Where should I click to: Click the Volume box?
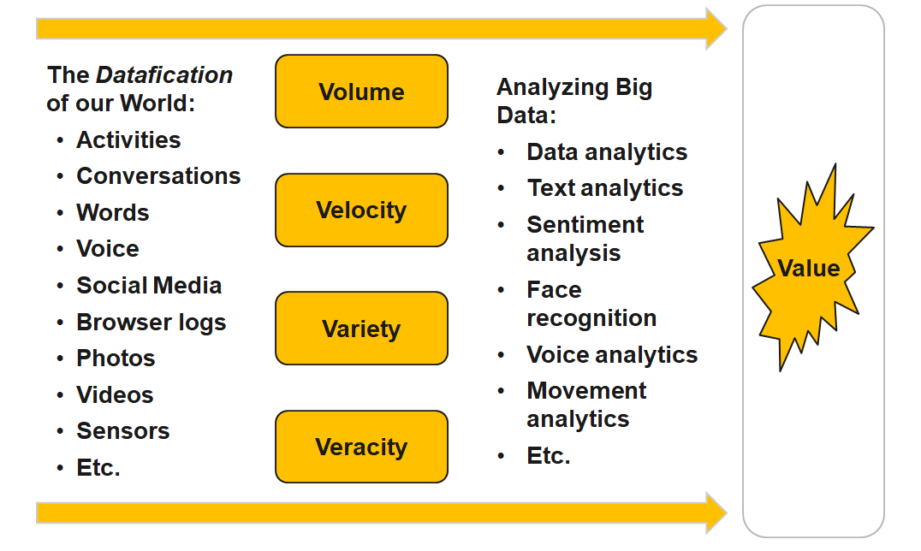pyautogui.click(x=361, y=92)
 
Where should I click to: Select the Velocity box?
pyautogui.click(x=361, y=210)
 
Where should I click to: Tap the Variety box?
pyautogui.click(x=361, y=329)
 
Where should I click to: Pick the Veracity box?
pyautogui.click(x=361, y=447)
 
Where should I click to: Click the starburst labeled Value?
pyautogui.click(x=809, y=269)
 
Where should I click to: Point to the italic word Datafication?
pyautogui.click(x=164, y=75)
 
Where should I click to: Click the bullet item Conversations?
pyautogui.click(x=158, y=176)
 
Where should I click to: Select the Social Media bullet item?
pyautogui.click(x=149, y=286)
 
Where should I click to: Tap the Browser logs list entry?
pyautogui.click(x=152, y=323)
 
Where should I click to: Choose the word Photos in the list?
pyautogui.click(x=116, y=358)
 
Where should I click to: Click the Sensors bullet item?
pyautogui.click(x=123, y=431)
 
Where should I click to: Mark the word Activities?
pyautogui.click(x=128, y=140)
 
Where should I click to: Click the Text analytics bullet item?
pyautogui.click(x=605, y=188)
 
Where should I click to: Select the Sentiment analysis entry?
pyautogui.click(x=585, y=239)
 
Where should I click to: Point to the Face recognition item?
pyautogui.click(x=591, y=304)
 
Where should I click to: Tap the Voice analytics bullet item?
pyautogui.click(x=612, y=355)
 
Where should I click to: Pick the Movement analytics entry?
pyautogui.click(x=586, y=405)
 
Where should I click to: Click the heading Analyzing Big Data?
pyautogui.click(x=573, y=101)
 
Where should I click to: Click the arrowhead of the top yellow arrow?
pyautogui.click(x=716, y=28)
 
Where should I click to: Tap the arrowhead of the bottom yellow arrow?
pyautogui.click(x=716, y=512)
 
